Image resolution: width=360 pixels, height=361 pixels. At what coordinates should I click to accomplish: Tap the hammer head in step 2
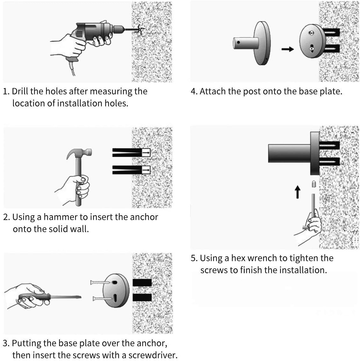pyautogui.click(x=80, y=154)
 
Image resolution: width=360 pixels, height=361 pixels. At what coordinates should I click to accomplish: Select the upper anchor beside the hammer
pyautogui.click(x=131, y=153)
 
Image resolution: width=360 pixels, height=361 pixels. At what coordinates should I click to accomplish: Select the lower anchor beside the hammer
pyautogui.click(x=131, y=170)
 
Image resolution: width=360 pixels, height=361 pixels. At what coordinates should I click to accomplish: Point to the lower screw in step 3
pyautogui.click(x=102, y=299)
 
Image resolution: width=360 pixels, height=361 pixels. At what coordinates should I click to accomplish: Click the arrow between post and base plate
pyautogui.click(x=287, y=49)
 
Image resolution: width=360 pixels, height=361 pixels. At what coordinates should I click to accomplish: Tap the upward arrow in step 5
pyautogui.click(x=297, y=192)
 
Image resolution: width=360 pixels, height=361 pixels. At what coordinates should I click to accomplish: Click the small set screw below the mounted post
pyautogui.click(x=313, y=184)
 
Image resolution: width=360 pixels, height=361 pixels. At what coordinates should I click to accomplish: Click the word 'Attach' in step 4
pyautogui.click(x=213, y=91)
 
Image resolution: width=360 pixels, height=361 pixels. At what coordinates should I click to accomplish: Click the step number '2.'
pyautogui.click(x=6, y=217)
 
